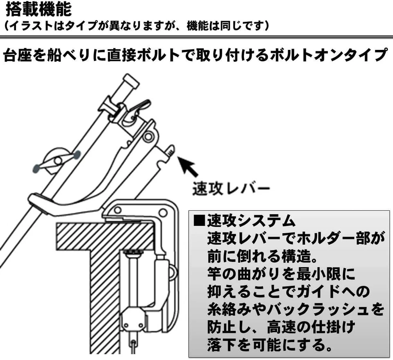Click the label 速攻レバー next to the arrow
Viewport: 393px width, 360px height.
231,189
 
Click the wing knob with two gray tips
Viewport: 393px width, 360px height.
56,161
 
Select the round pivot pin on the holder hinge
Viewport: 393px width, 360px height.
148,136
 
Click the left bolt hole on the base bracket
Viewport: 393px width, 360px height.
117,209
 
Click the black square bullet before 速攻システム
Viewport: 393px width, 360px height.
199,221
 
